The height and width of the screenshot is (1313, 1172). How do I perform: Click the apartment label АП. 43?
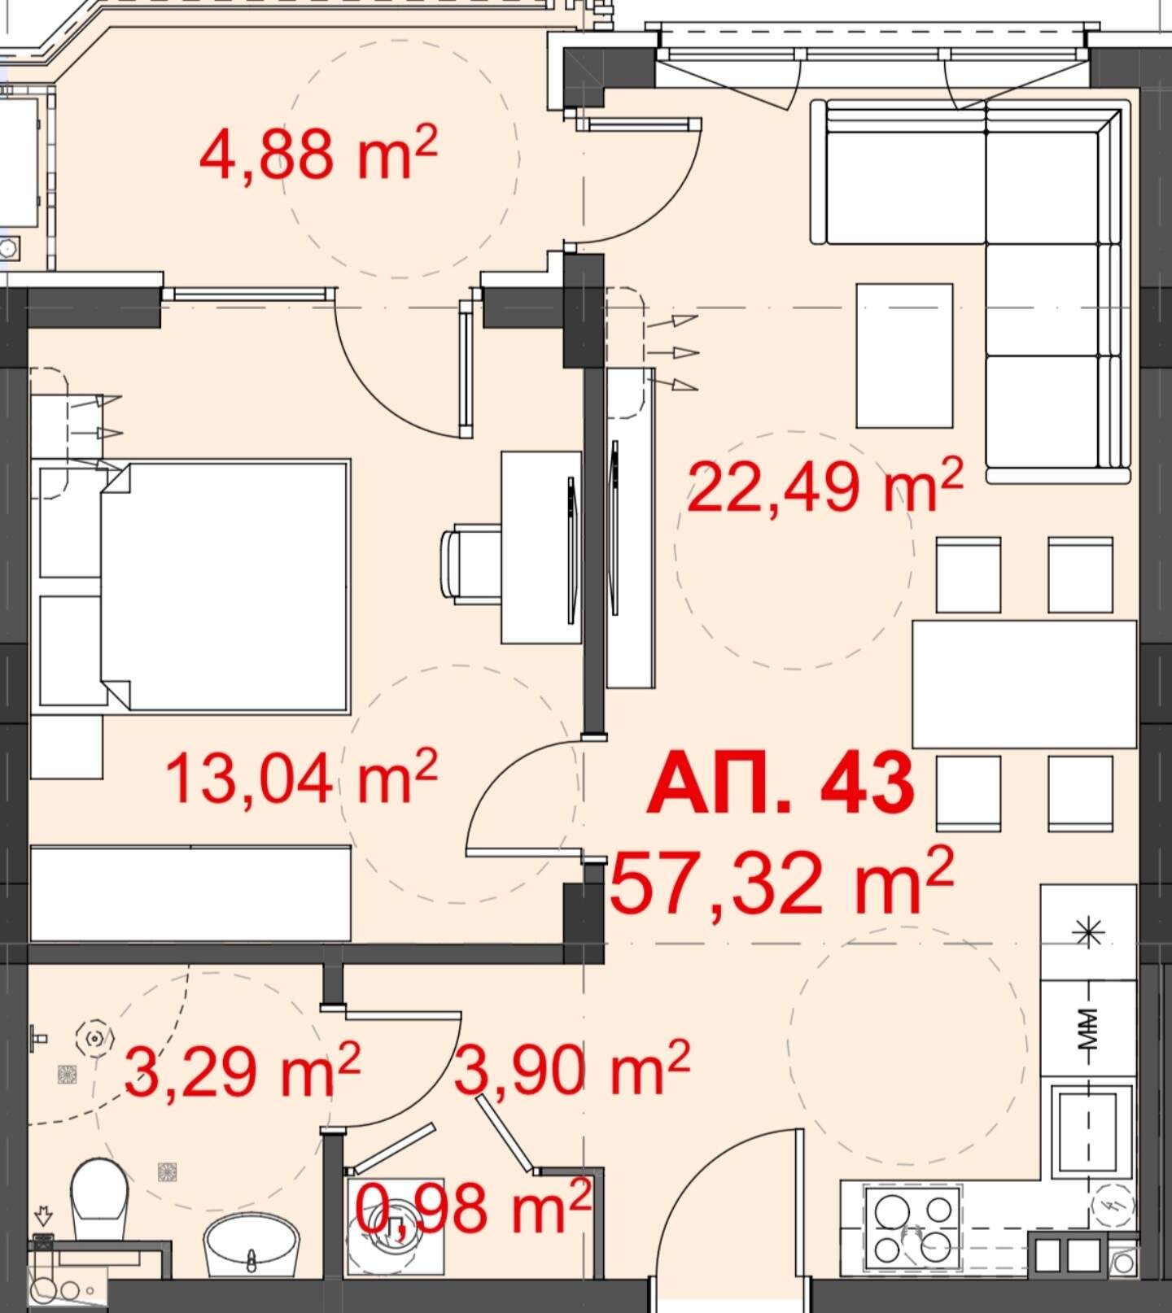tap(781, 783)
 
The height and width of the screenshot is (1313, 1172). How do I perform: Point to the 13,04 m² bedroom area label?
tap(302, 776)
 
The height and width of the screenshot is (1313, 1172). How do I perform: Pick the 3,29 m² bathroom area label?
tap(243, 1071)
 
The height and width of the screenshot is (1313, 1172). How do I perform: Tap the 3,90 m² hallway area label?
tap(572, 1067)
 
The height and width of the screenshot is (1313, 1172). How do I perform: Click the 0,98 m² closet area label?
tap(473, 1207)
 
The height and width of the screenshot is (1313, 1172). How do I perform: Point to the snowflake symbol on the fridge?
tap(1089, 932)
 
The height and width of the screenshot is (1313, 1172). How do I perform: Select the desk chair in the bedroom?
tap(470, 565)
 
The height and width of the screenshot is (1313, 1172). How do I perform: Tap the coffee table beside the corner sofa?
tap(904, 355)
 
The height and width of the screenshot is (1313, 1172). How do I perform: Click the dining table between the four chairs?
tap(1024, 683)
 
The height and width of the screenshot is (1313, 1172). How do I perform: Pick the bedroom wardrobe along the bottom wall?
tap(191, 893)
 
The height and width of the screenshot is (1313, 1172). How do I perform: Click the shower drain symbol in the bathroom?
tap(95, 1038)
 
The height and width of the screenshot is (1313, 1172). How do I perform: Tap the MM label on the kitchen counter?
tap(1088, 1028)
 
